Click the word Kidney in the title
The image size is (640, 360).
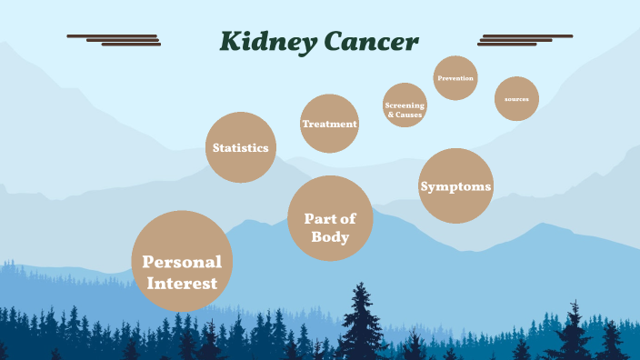[267, 42]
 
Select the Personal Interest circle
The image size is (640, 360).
[183, 262]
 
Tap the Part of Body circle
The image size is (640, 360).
[330, 218]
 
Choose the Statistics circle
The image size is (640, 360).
[241, 147]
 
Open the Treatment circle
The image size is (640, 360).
[329, 124]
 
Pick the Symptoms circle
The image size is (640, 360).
[455, 186]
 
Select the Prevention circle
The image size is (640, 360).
[455, 78]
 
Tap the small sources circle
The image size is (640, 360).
[516, 98]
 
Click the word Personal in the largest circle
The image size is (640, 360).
[183, 262]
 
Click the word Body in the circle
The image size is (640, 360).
[330, 237]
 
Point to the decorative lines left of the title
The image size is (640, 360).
[115, 40]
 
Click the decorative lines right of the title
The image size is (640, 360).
[525, 40]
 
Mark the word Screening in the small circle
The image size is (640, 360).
[405, 105]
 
